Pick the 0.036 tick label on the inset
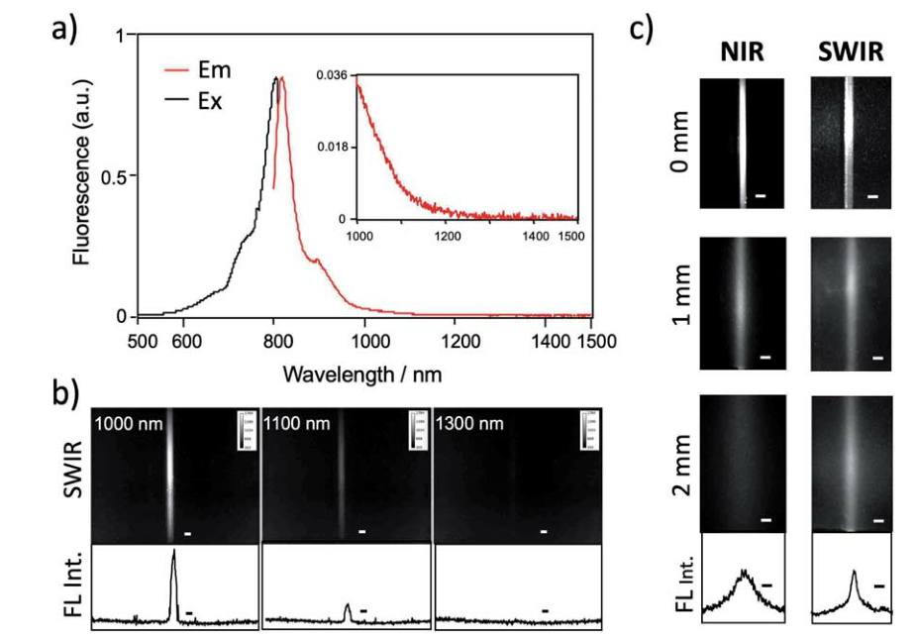(x=331, y=75)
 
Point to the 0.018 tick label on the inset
(x=331, y=147)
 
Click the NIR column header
(x=743, y=53)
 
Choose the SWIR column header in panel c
(x=850, y=53)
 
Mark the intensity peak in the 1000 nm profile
(x=173, y=553)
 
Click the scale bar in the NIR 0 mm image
(x=761, y=196)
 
